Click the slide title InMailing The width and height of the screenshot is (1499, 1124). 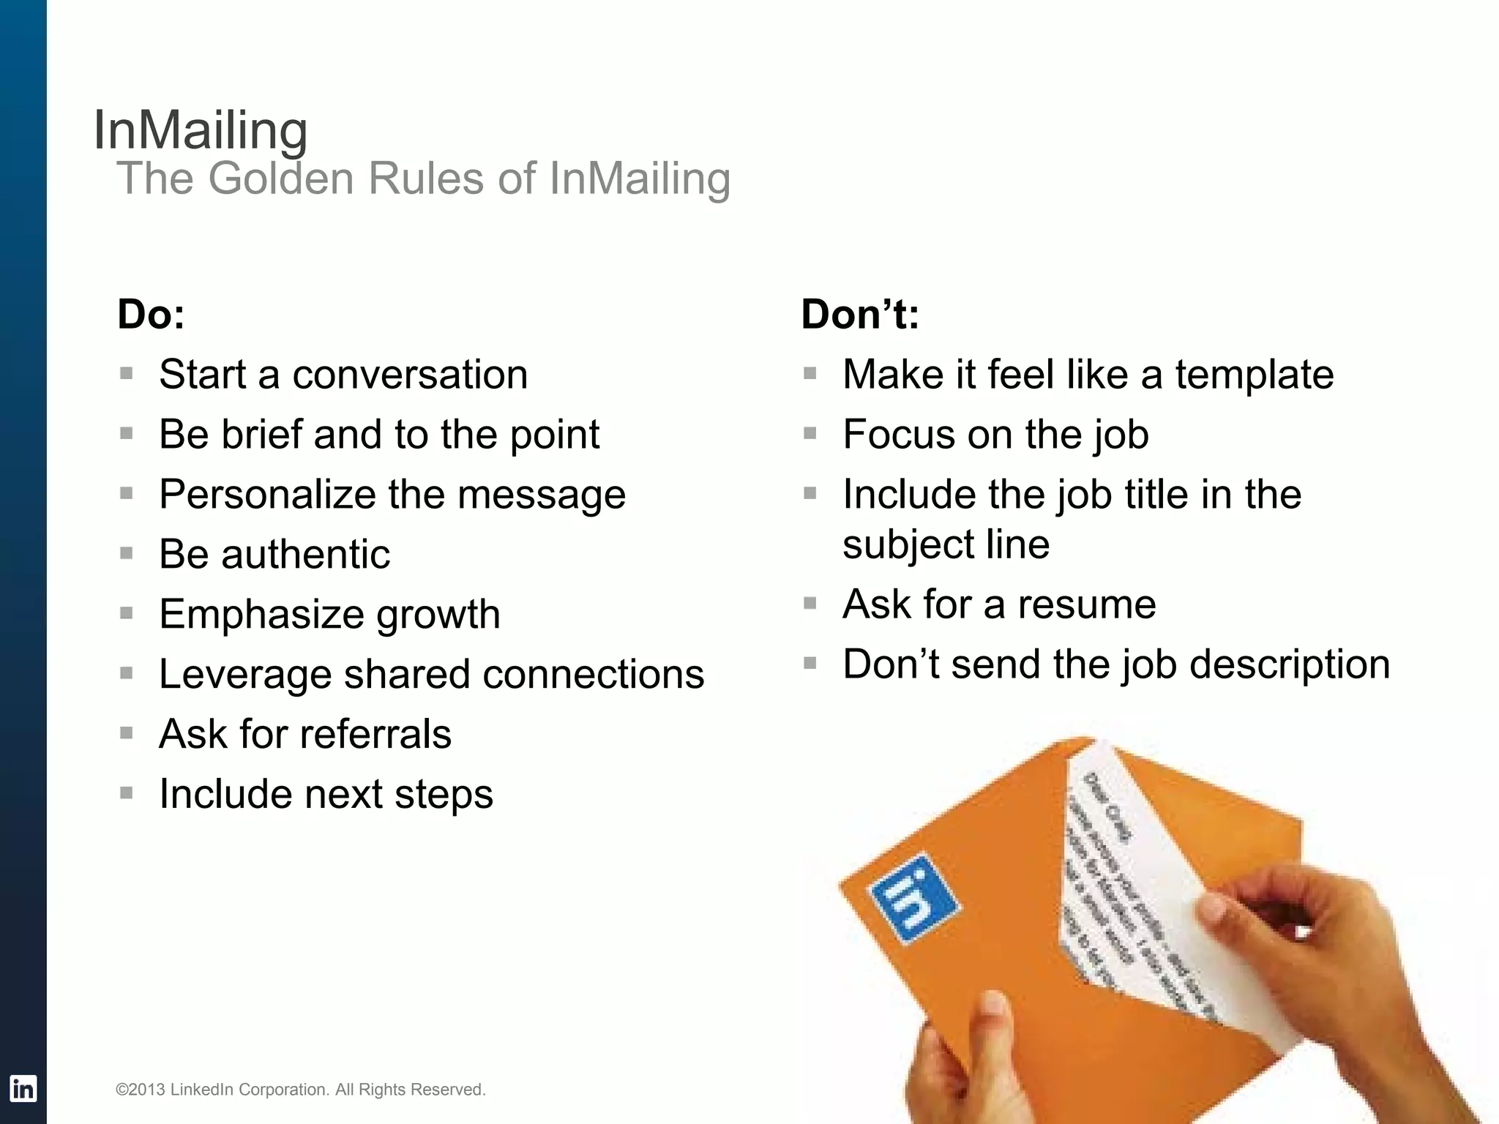[200, 131]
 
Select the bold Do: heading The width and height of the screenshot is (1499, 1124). [152, 315]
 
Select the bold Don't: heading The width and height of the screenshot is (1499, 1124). [860, 315]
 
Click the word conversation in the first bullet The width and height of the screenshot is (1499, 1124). [410, 375]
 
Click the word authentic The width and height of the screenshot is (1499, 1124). [305, 554]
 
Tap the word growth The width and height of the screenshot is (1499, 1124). [438, 615]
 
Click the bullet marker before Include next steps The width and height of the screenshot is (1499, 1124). [127, 793]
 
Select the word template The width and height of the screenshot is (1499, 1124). [1255, 375]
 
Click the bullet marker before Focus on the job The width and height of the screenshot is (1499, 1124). [810, 433]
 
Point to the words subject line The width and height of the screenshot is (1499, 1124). [946, 544]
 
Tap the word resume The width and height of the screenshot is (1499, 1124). [1087, 604]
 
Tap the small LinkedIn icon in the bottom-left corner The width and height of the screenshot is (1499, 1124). [23, 1088]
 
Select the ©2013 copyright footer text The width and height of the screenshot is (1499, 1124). [300, 1090]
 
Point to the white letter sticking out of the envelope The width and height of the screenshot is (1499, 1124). [1142, 878]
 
